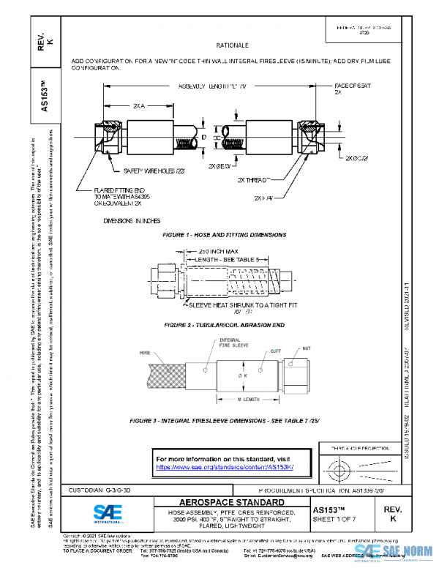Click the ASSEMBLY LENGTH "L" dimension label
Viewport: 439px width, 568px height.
click(213, 86)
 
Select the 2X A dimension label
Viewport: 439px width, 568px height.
click(139, 106)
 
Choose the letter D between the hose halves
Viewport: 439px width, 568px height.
click(204, 137)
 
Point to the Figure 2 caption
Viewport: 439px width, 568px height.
click(225, 324)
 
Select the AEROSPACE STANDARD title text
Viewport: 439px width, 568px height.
click(222, 502)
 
